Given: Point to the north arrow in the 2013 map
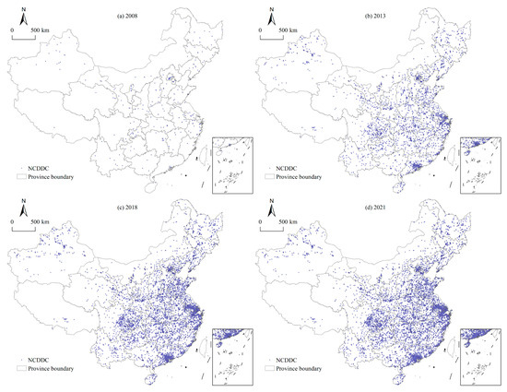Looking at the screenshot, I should coord(272,16).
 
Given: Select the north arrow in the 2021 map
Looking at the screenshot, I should coord(272,211).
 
